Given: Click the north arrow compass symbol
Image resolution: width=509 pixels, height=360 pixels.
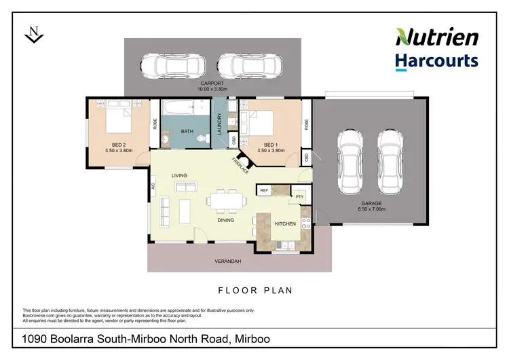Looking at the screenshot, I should click(33, 34).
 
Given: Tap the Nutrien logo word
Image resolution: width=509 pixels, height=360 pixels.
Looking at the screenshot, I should click(438, 37).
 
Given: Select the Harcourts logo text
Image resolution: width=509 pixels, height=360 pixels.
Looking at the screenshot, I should click(437, 61).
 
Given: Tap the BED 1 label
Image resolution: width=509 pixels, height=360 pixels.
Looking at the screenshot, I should click(269, 145).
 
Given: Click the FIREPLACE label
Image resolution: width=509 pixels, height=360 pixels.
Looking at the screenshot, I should click(238, 165).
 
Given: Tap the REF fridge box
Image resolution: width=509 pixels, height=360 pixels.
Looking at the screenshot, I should click(264, 191).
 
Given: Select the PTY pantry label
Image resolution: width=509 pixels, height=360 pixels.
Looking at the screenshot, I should click(299, 196).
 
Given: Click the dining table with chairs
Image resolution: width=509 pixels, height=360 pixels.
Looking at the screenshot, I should click(227, 201).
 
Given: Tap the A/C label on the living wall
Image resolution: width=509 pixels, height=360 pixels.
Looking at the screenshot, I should click(154, 185).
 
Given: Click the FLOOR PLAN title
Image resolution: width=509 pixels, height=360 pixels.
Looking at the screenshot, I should click(254, 291).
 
